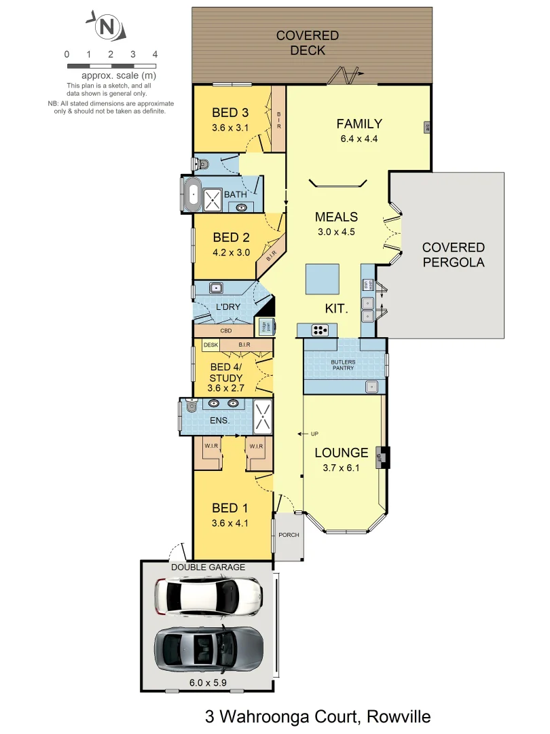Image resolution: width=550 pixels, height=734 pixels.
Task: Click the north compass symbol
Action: [105, 27]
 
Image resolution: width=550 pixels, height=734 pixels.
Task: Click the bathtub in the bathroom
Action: [192, 196]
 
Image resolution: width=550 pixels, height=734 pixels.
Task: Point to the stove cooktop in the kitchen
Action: [320, 331]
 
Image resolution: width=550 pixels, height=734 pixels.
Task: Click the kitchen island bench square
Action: [323, 279]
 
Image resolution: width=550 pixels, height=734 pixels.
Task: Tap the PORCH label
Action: [289, 535]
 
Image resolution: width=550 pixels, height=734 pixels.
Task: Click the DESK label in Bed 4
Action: [211, 346]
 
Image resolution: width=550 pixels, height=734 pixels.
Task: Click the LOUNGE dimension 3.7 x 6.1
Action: [341, 468]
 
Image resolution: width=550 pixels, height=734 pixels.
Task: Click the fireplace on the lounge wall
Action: [385, 457]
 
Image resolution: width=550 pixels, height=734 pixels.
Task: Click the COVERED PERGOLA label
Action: [453, 255]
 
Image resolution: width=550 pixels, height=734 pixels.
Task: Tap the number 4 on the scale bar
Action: [155, 54]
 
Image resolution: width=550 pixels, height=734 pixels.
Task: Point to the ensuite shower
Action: [263, 416]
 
